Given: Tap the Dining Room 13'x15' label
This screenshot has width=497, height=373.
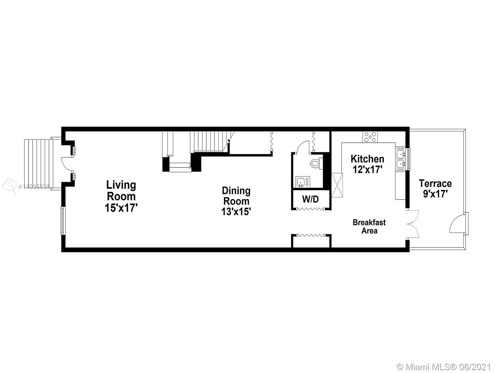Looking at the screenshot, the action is [x=236, y=201].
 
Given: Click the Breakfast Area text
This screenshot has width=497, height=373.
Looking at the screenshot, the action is [x=369, y=227].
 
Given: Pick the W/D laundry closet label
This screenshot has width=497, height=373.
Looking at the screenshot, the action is [x=310, y=199].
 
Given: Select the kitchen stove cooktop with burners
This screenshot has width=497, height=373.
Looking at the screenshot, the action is [x=370, y=137].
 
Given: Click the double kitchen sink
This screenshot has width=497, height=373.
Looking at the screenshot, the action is [x=400, y=159].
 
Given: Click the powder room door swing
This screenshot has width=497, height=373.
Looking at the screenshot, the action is [x=303, y=147].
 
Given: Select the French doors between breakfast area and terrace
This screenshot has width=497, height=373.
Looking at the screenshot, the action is [x=413, y=224].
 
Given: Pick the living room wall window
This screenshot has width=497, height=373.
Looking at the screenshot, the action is [x=63, y=221].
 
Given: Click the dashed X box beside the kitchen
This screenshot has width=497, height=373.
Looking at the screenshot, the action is [x=337, y=185].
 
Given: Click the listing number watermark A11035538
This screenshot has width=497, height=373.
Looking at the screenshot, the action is [x=34, y=186].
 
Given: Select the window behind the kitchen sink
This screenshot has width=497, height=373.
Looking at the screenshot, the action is [x=408, y=159].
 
